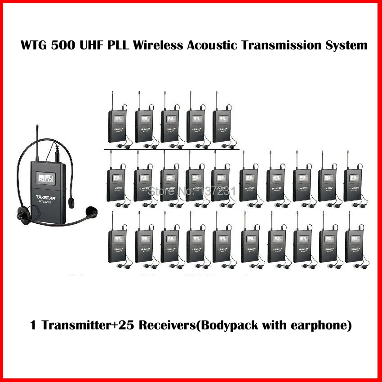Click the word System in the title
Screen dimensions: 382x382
[x=345, y=45]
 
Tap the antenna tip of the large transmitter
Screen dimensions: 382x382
[x=34, y=131]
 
